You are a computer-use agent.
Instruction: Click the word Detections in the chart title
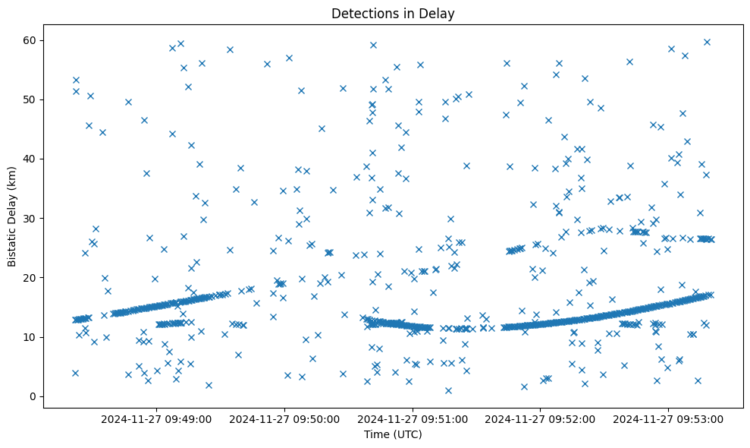[x=362, y=14]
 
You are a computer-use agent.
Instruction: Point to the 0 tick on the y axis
[x=33, y=396]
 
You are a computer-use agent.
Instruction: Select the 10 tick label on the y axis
[x=30, y=337]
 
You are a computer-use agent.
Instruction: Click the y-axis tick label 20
[x=30, y=278]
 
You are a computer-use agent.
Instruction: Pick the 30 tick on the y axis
[x=30, y=219]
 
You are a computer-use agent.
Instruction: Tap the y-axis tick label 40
[x=30, y=159]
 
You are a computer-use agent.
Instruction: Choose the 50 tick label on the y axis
[x=30, y=99]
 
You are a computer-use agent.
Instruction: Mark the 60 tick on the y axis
[x=30, y=40]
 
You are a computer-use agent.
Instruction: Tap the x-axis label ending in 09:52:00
[x=541, y=418]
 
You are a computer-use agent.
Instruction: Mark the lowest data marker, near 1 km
[x=448, y=390]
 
